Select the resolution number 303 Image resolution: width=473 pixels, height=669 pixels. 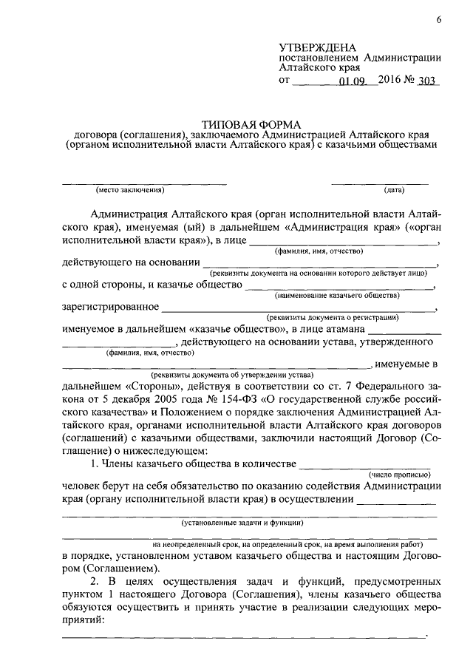click(x=427, y=82)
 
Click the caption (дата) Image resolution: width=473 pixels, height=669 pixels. click(x=394, y=191)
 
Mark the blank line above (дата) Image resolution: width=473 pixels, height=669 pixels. click(x=380, y=183)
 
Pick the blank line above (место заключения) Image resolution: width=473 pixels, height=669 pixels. click(x=143, y=183)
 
